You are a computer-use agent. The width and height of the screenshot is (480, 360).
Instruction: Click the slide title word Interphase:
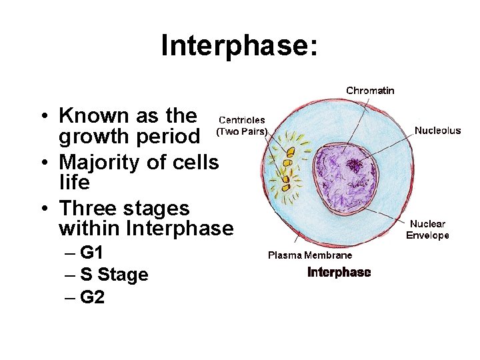coord(240,46)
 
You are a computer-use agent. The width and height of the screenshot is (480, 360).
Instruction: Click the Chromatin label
coord(370,90)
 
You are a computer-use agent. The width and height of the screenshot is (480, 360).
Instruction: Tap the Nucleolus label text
coord(437,131)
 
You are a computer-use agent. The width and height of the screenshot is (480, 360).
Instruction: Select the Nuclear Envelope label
coord(427,229)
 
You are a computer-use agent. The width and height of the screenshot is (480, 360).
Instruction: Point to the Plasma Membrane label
coord(310,255)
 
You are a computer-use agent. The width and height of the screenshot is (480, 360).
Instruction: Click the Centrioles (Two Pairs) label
coord(242,126)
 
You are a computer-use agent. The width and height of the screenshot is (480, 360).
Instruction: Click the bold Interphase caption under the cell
coord(339,273)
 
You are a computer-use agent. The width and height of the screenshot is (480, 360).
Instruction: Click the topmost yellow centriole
coord(290,152)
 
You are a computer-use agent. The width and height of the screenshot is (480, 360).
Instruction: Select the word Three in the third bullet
coord(86,208)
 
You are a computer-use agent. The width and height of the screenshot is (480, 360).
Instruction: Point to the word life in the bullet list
coord(74,182)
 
